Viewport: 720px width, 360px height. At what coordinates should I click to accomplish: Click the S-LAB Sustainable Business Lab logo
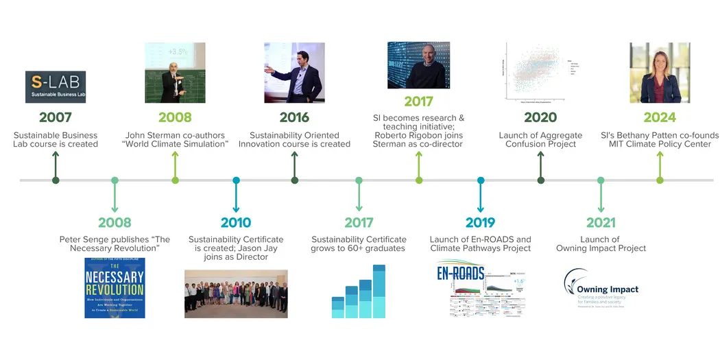tap(56, 87)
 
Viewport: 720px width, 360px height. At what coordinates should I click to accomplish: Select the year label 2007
tap(56, 117)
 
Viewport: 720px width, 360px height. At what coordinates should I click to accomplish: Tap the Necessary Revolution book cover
tap(115, 287)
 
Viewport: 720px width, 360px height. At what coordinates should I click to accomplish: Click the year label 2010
tap(236, 222)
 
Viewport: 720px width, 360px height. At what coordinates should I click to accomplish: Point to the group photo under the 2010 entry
tap(236, 293)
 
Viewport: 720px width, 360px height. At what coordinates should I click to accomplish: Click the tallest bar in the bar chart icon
tap(379, 291)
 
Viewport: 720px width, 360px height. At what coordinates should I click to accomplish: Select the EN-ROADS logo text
tap(461, 274)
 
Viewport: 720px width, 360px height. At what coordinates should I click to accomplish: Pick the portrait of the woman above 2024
tap(660, 73)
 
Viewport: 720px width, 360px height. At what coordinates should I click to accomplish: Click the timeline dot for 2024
tap(660, 180)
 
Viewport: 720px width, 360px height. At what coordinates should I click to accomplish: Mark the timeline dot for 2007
tap(56, 180)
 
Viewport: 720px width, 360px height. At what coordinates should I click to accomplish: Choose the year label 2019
tap(480, 222)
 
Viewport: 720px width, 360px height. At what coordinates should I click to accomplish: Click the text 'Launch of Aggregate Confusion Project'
tap(540, 140)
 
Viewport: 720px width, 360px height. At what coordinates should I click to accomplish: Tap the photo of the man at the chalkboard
tap(175, 73)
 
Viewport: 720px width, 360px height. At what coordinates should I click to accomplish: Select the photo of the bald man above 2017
tap(418, 65)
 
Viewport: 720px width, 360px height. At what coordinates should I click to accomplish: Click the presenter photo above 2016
tap(294, 73)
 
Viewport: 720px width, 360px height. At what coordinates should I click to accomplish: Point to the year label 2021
tap(601, 222)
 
